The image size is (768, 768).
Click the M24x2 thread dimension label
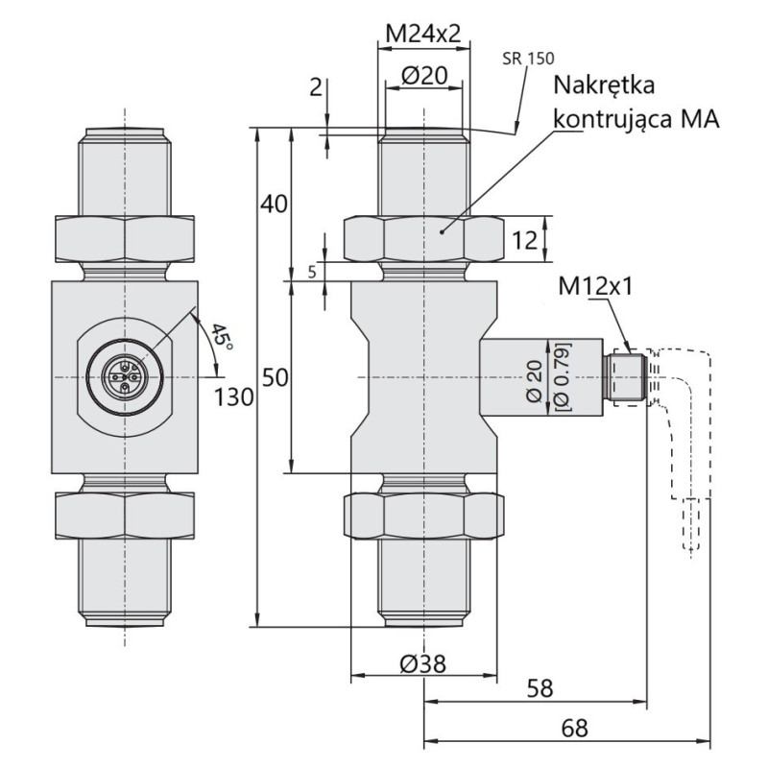pos(423,34)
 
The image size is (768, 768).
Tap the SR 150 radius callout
pos(528,59)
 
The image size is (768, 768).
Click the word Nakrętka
pos(605,86)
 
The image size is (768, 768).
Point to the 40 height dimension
pos(275,204)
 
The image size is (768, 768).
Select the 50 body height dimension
pos(275,378)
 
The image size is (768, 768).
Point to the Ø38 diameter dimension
pos(423,663)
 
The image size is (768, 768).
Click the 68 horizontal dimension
pos(574,729)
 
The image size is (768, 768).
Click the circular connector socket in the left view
pos(126,376)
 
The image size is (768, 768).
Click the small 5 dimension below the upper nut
pos(313,273)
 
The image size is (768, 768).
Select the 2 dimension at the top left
pos(315,88)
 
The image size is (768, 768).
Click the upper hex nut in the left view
pos(126,239)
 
